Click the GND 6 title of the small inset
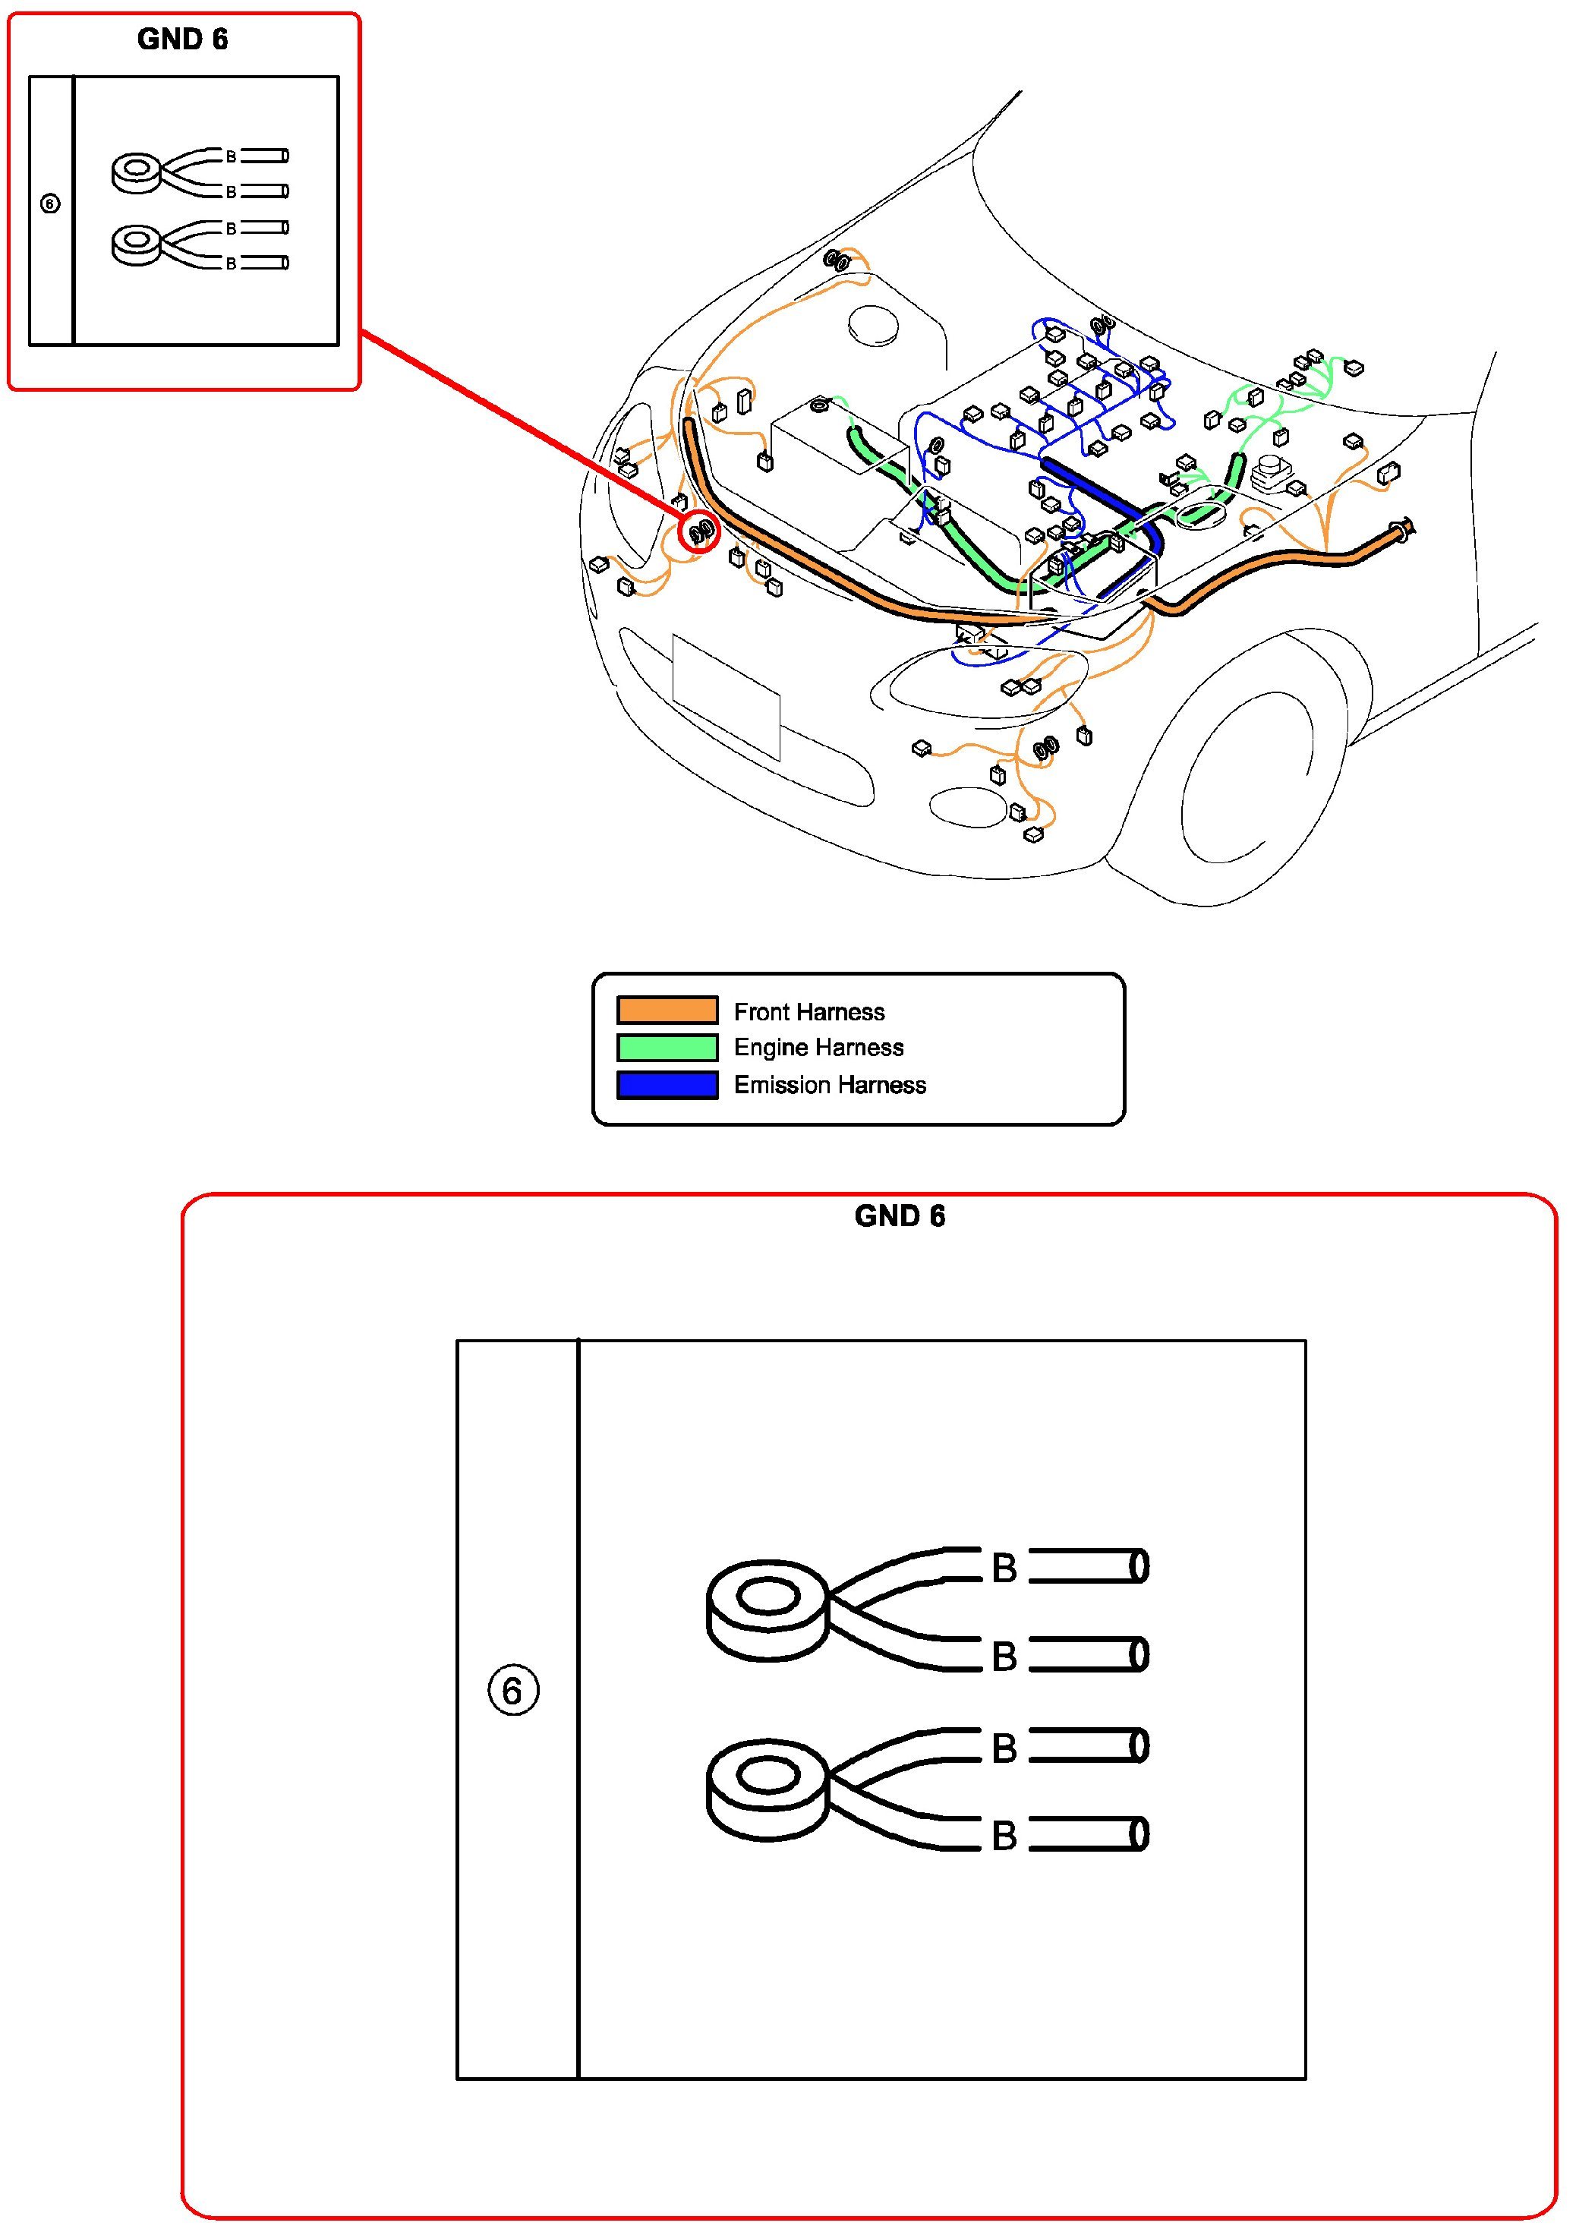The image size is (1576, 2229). coord(182,39)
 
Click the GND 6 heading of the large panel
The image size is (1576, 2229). coord(899,1215)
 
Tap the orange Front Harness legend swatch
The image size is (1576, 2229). coord(667,1010)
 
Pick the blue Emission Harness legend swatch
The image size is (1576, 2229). coord(667,1084)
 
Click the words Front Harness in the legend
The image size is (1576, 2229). coord(809,1011)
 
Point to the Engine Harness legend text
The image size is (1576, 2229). coord(818,1048)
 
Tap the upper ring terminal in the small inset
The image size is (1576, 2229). coord(136,173)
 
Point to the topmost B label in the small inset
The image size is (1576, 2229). coord(231,156)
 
